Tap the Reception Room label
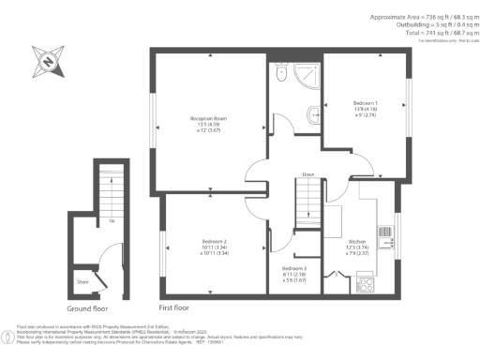(210, 123)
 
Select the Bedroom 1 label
(365, 105)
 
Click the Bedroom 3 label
(293, 272)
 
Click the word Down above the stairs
(307, 174)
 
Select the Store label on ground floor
(83, 278)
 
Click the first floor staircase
(308, 198)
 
